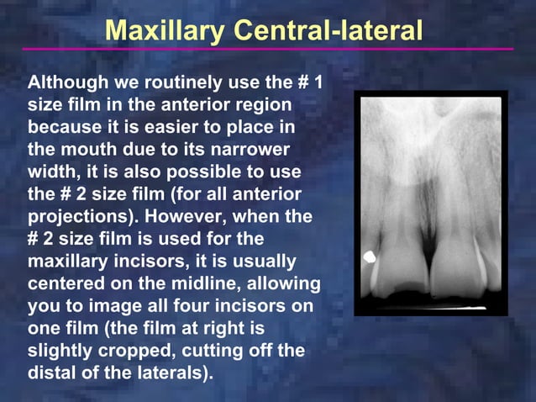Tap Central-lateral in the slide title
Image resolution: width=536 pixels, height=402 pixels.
coord(328,30)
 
